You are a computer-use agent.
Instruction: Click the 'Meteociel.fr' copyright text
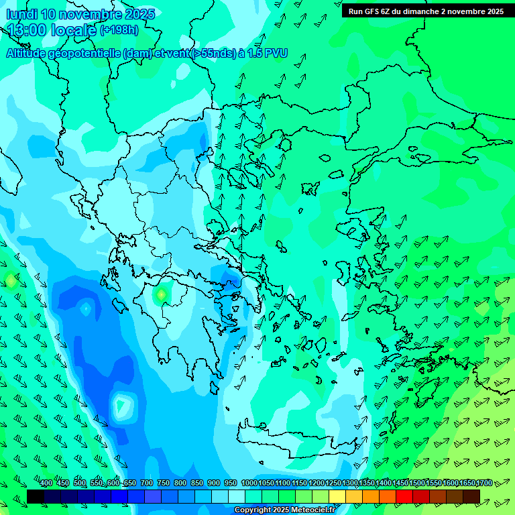(309, 510)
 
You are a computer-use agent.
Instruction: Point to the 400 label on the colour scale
(46, 483)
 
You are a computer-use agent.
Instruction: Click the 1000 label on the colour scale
(249, 483)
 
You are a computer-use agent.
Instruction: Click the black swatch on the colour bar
(36, 496)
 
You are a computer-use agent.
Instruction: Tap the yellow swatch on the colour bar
(337, 496)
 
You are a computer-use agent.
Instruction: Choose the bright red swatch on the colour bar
(404, 496)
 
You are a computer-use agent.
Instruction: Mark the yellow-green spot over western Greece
(161, 294)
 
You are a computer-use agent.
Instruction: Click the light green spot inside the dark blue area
(122, 404)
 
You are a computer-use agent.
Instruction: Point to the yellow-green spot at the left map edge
(10, 280)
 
